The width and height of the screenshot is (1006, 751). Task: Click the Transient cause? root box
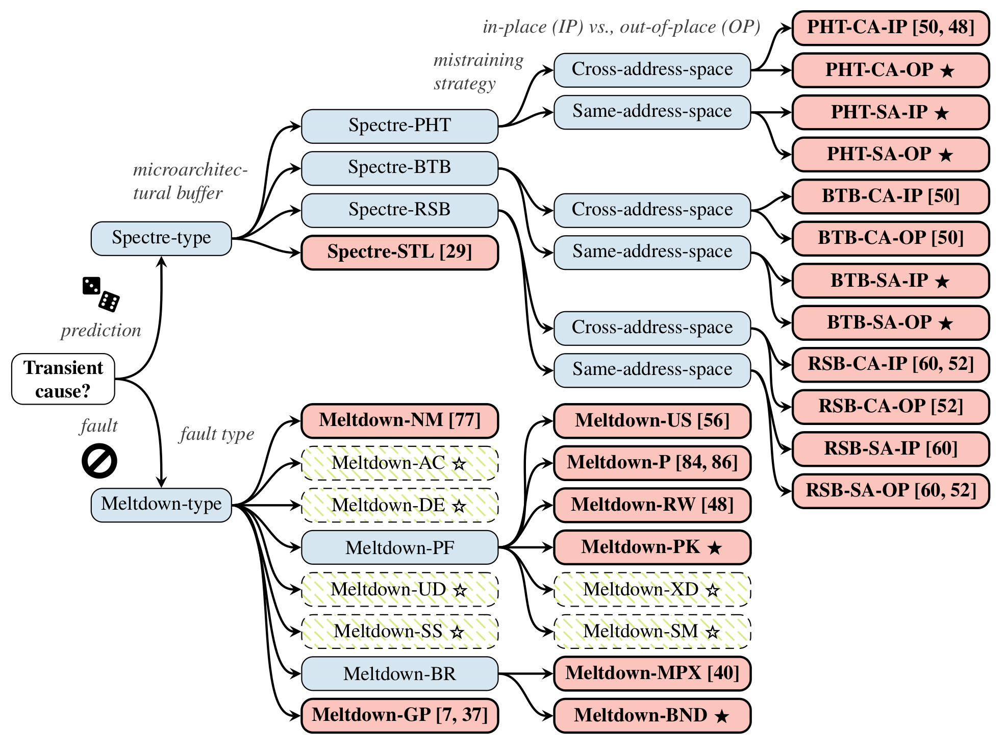coord(63,379)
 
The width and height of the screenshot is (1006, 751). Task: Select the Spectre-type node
coord(161,238)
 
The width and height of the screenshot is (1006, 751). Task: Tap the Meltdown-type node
coord(161,505)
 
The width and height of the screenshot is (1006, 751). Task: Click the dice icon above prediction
coord(100,294)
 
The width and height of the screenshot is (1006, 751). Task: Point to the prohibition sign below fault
coord(99,461)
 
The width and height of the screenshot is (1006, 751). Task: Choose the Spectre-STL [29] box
coord(399,252)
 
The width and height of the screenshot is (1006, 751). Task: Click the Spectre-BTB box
coord(399,168)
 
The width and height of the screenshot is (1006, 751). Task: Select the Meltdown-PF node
coord(399,547)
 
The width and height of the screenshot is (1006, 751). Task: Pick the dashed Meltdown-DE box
coord(399,505)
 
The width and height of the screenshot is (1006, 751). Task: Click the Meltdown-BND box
coord(652,715)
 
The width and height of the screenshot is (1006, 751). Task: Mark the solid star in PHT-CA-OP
coord(947,71)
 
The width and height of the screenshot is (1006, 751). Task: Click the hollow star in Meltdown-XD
coord(713,591)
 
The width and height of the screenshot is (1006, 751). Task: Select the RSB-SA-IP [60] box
coord(891,449)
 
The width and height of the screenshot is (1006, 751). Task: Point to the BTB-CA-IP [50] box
coord(891,196)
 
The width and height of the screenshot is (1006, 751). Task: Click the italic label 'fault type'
coord(217,434)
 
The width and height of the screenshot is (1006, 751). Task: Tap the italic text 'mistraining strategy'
coord(477,72)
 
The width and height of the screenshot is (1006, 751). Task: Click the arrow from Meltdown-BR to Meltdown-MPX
coord(525,673)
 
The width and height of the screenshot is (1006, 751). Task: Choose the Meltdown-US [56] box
coord(652,421)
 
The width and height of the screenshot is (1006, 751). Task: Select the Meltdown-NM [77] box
coord(399,420)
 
